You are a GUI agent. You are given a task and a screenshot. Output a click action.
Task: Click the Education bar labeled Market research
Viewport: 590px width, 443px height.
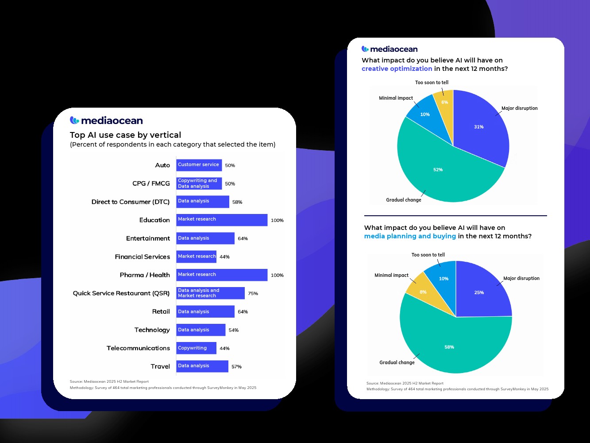pos(222,220)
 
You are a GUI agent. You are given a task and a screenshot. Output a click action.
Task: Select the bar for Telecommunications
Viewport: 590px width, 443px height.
pos(196,348)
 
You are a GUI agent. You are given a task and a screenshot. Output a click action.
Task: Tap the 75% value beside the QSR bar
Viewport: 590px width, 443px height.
pos(253,293)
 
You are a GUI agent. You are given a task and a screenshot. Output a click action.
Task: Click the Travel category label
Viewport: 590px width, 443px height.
pos(160,366)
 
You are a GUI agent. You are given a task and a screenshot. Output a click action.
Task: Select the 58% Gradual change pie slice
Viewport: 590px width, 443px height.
pos(449,346)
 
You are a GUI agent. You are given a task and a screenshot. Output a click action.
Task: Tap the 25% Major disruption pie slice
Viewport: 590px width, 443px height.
pos(480,292)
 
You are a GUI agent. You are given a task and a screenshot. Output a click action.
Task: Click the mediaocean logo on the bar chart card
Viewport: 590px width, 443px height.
pos(106,120)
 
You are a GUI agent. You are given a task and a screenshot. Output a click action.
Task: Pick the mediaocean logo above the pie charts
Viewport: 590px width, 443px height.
pos(389,49)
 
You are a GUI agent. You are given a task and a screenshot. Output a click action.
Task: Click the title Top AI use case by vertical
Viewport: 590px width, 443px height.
pos(125,135)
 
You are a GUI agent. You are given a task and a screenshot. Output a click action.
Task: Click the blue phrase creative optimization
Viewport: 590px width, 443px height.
pos(397,69)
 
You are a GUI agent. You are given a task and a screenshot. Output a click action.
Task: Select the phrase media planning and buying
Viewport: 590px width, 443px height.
pos(410,236)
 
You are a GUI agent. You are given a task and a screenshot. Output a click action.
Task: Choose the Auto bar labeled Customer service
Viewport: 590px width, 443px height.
pos(199,165)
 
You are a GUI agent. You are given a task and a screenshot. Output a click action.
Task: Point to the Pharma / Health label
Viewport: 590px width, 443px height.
pos(145,275)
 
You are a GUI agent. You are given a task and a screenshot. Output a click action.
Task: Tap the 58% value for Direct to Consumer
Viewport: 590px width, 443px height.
pos(237,202)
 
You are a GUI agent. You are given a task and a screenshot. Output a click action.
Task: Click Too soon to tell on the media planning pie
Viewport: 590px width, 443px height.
pos(428,255)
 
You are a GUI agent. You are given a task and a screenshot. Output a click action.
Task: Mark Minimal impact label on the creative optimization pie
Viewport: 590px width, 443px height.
pos(396,98)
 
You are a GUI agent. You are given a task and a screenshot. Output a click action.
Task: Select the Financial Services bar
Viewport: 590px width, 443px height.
pos(196,256)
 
